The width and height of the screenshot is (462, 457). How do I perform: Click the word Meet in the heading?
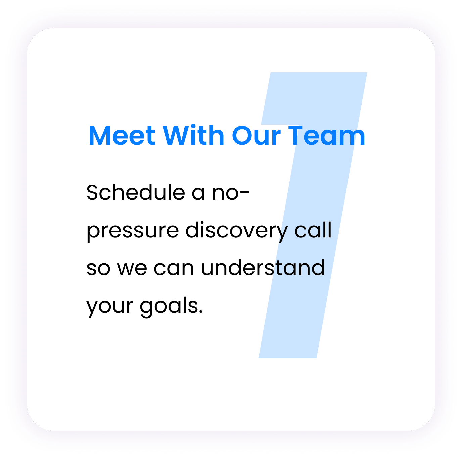pyautogui.click(x=122, y=136)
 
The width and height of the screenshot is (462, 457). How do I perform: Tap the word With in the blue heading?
pyautogui.click(x=193, y=135)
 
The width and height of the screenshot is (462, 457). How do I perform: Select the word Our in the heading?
pyautogui.click(x=256, y=136)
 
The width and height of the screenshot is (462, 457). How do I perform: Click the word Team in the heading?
pyautogui.click(x=327, y=136)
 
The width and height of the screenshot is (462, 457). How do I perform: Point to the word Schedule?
pyautogui.click(x=136, y=192)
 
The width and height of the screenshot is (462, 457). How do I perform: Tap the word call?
pyautogui.click(x=313, y=230)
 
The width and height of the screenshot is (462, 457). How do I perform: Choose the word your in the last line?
pyautogui.click(x=109, y=308)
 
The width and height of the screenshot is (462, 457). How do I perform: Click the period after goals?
pyautogui.click(x=201, y=312)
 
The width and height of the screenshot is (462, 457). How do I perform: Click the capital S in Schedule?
pyautogui.click(x=93, y=192)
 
